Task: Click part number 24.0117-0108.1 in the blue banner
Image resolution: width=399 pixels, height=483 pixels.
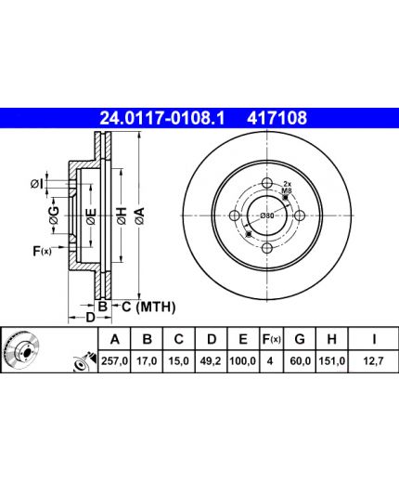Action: pos(162,118)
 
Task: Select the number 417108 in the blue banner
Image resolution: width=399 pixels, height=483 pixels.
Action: pos(277,118)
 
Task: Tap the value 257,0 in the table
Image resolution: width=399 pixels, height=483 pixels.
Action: pos(115,361)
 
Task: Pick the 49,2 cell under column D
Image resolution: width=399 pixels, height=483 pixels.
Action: pos(211,361)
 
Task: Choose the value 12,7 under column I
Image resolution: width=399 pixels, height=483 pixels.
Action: pos(373,361)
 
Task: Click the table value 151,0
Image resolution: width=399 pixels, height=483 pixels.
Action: pos(332,361)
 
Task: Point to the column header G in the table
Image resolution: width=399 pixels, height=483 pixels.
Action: pos(300,339)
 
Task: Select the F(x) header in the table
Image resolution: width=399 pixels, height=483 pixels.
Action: pos(271,339)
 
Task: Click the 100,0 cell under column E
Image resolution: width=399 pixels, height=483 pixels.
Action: pos(243,361)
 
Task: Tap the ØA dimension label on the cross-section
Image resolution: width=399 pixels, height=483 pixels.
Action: pos(139,215)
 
